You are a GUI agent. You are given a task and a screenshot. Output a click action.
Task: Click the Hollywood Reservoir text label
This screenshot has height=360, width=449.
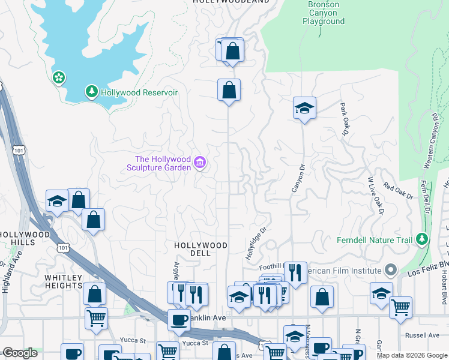pos(139,92)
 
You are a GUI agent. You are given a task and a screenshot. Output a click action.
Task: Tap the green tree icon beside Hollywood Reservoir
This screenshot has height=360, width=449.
pos(91,92)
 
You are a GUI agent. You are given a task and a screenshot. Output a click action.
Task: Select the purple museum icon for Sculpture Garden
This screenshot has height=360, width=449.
pos(200,163)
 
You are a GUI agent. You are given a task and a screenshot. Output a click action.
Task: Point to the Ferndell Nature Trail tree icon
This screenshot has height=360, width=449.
pos(422,240)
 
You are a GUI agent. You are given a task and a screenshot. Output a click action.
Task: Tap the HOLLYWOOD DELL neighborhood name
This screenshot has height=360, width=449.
pos(200,249)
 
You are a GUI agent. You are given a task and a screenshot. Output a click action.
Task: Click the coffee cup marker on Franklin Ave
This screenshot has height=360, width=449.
pos(178,319)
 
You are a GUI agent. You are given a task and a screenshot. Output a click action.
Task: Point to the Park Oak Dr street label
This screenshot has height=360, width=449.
pos(344,119)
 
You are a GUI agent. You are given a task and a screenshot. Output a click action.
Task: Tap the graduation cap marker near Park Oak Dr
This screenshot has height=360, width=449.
pos(304,108)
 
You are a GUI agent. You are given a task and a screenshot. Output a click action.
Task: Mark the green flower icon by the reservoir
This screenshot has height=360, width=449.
pos(59,77)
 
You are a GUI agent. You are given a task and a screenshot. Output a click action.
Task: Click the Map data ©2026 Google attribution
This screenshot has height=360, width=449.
pos(411,355)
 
